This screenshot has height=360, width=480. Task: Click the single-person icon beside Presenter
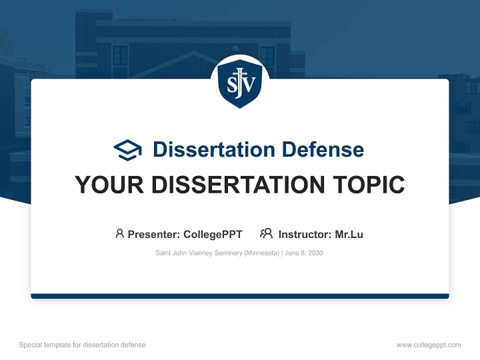(x=119, y=233)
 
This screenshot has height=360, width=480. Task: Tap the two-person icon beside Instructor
(x=266, y=233)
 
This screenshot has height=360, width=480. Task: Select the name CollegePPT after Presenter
(x=213, y=234)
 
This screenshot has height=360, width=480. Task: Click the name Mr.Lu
(x=349, y=234)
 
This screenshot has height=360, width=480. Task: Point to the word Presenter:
(x=154, y=234)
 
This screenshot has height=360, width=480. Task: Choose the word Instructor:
(x=304, y=234)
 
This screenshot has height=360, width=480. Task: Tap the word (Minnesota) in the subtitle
(x=261, y=253)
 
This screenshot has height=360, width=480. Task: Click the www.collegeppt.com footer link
(x=428, y=345)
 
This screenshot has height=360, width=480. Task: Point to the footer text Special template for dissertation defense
(x=82, y=345)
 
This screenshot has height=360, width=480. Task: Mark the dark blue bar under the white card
(x=240, y=296)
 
